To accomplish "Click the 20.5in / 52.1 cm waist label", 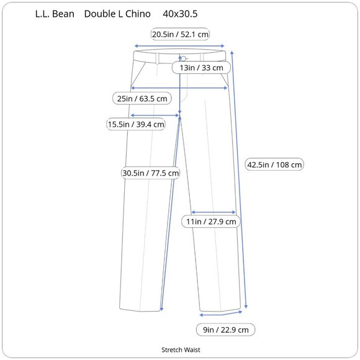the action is click(x=180, y=34).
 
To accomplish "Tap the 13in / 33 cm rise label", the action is click(x=201, y=68).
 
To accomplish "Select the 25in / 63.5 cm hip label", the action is click(x=142, y=99).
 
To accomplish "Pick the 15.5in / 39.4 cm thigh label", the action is click(x=136, y=124).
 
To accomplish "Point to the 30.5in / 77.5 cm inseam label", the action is click(x=151, y=173).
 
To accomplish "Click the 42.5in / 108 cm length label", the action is click(x=274, y=164).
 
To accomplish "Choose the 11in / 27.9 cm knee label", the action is click(x=211, y=222).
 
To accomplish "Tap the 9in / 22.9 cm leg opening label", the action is click(x=226, y=330).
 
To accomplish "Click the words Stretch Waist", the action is click(x=181, y=349).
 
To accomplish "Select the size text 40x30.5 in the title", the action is click(x=180, y=14).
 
